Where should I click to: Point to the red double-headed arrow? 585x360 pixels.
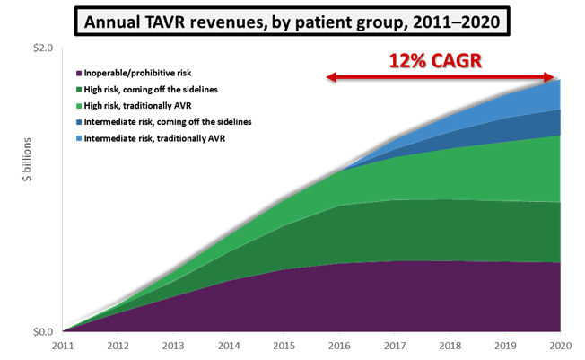coord(444,79)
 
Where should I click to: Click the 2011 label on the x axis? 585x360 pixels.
coord(63,347)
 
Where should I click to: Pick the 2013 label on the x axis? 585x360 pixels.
coord(173,347)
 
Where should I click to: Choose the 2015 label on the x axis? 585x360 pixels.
coord(284,347)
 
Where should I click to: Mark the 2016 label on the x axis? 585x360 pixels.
coord(339,347)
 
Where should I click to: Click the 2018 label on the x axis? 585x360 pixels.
coord(450,347)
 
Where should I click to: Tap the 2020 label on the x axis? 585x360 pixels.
coord(560,347)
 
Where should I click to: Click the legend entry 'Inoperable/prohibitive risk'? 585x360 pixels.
coord(137,73)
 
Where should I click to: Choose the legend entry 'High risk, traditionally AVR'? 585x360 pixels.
coord(138,105)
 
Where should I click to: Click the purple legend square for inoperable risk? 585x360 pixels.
coord(79,73)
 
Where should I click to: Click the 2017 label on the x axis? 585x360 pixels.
coord(394,347)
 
